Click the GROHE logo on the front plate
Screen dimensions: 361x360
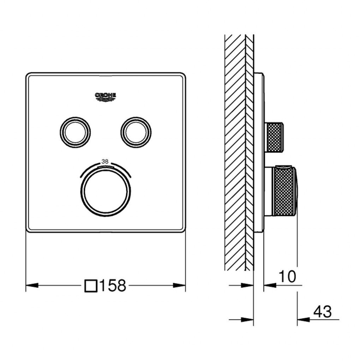pos(106,96)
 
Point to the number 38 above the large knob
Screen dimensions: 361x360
pos(105,161)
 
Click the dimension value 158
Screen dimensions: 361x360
pos(112,286)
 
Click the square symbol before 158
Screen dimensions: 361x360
pos(91,286)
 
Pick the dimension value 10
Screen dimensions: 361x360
pos(287,277)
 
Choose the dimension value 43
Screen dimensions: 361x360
pos(322,312)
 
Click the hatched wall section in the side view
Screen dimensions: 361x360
pos(235,152)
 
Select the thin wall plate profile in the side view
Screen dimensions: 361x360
pos(258,152)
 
